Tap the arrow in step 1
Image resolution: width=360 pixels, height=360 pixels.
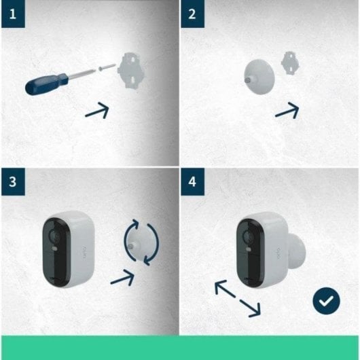click(x=98, y=110)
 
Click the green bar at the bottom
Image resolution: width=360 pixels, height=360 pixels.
click(x=180, y=347)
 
